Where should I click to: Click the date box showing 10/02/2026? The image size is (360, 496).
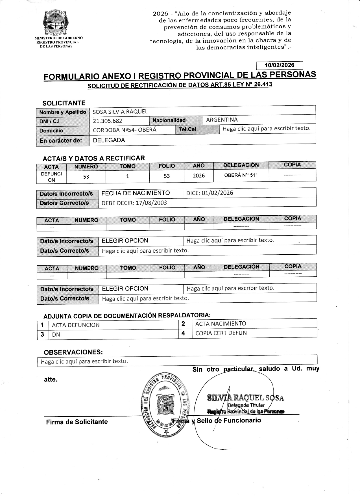click(x=279, y=65)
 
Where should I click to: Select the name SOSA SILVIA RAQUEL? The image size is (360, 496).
click(x=120, y=112)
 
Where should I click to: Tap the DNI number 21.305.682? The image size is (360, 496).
click(x=108, y=121)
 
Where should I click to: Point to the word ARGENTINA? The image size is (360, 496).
click(x=222, y=120)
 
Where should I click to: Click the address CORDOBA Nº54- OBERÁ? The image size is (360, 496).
click(x=125, y=130)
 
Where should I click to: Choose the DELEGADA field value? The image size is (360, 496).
click(x=109, y=140)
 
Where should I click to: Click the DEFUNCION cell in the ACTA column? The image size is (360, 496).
click(x=51, y=177)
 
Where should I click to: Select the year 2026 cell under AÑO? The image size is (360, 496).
click(x=199, y=176)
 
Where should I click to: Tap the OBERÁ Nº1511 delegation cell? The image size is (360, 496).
click(x=241, y=175)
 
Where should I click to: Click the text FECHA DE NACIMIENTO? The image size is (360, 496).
click(x=136, y=193)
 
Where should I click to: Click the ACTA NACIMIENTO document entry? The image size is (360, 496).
click(x=221, y=324)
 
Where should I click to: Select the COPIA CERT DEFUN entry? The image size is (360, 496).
click(x=221, y=333)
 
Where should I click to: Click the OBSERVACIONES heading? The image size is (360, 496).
click(x=73, y=352)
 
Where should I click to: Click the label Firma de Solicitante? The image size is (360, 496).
click(x=77, y=422)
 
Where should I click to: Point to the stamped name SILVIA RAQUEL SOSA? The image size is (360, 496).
click(x=246, y=398)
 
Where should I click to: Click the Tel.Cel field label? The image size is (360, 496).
click(x=187, y=129)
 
